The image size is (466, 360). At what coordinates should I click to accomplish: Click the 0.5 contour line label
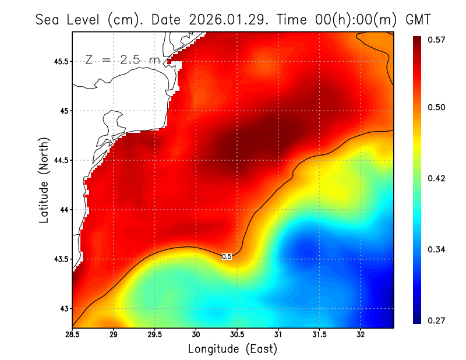pos(227,256)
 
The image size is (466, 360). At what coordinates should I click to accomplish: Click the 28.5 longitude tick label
pos(73,335)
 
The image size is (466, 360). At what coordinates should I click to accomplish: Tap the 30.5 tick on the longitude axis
pos(237,335)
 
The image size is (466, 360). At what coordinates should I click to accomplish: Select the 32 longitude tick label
pos(361,335)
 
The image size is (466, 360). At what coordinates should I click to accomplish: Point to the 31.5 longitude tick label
pos(319,335)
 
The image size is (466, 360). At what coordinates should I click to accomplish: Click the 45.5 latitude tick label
pos(59,61)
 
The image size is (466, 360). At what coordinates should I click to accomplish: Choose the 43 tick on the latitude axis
pos(63,309)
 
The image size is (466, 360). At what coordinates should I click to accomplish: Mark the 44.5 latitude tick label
pos(59,160)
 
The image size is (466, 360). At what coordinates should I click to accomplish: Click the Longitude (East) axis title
pos(232,349)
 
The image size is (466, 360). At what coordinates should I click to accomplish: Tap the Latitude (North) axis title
pos(44,180)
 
